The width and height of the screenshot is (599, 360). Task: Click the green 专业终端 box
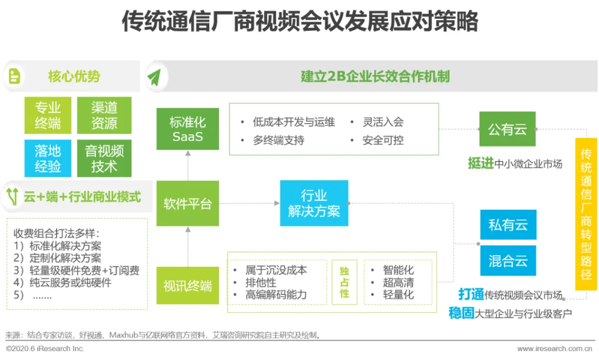(x=48, y=115)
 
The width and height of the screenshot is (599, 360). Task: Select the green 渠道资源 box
(x=104, y=115)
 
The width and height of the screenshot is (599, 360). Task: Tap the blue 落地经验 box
(x=48, y=158)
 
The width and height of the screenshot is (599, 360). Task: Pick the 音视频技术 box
(x=104, y=158)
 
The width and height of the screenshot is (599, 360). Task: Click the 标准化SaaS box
(x=187, y=129)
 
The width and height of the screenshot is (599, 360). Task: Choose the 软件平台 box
(x=187, y=204)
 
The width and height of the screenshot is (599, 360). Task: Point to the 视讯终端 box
(x=187, y=286)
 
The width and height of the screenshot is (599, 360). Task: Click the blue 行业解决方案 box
(x=314, y=203)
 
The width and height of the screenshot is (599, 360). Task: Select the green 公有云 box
(x=507, y=129)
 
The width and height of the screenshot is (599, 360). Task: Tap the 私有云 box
(x=508, y=225)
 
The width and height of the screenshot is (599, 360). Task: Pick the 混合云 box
(x=508, y=261)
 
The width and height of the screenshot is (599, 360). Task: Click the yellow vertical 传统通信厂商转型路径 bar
(x=586, y=214)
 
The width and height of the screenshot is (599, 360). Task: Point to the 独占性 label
(x=344, y=282)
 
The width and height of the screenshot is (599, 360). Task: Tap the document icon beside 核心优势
(x=14, y=76)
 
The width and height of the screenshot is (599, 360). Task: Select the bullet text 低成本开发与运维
(x=293, y=122)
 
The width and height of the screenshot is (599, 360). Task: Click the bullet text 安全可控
(x=383, y=140)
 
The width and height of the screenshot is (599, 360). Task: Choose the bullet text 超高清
(x=398, y=282)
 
